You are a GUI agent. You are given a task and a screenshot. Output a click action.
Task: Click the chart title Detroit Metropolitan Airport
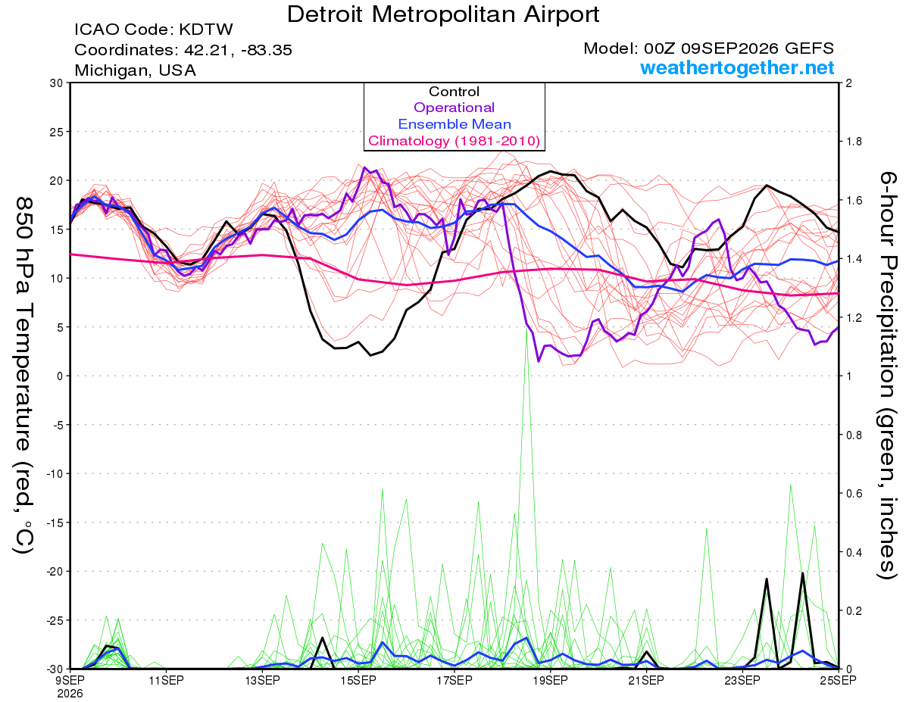click(x=443, y=15)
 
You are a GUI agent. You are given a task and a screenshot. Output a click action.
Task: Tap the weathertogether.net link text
click(x=737, y=67)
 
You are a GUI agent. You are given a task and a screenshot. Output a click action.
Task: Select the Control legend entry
click(x=454, y=92)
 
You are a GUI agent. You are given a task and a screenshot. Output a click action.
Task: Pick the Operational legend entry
click(x=454, y=108)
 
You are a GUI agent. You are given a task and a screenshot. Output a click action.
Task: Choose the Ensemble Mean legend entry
click(x=454, y=124)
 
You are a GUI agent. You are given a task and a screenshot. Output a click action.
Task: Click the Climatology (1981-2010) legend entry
click(x=454, y=141)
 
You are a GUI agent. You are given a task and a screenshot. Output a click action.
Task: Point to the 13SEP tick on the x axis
click(x=262, y=680)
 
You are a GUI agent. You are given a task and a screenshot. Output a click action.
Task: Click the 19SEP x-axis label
click(x=551, y=680)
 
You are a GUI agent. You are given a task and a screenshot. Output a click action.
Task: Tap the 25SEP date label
click(x=838, y=680)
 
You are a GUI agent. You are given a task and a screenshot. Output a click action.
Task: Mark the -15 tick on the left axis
click(x=56, y=523)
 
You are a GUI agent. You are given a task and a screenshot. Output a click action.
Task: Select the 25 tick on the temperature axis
click(x=57, y=132)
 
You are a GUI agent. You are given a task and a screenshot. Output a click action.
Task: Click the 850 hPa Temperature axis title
click(x=23, y=376)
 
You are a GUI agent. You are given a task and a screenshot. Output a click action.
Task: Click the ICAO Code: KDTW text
click(x=154, y=30)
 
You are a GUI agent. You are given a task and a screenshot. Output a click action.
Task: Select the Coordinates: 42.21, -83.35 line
click(x=183, y=50)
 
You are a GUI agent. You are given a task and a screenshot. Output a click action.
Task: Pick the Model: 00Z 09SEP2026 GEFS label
click(x=708, y=48)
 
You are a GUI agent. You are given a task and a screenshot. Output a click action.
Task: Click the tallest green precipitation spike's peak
click(x=526, y=329)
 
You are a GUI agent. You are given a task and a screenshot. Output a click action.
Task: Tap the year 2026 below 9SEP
click(x=70, y=694)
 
